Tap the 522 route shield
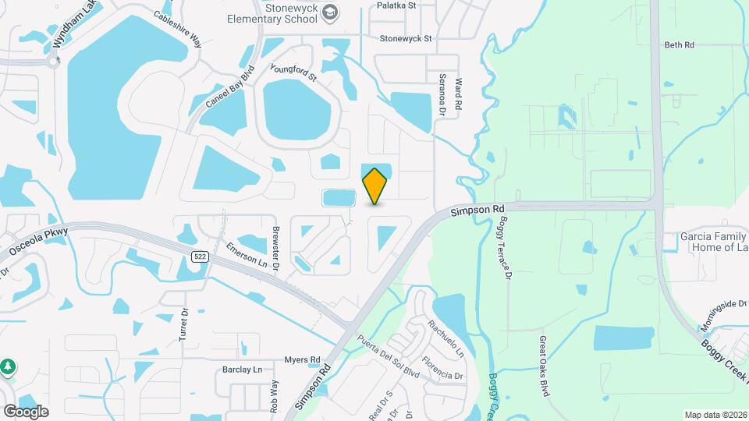click(x=200, y=257)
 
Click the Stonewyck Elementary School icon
click(x=331, y=12)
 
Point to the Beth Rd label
click(x=679, y=45)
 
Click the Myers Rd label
click(x=302, y=359)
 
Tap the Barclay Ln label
click(x=240, y=370)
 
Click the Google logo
click(x=26, y=411)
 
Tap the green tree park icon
click(x=8, y=366)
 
